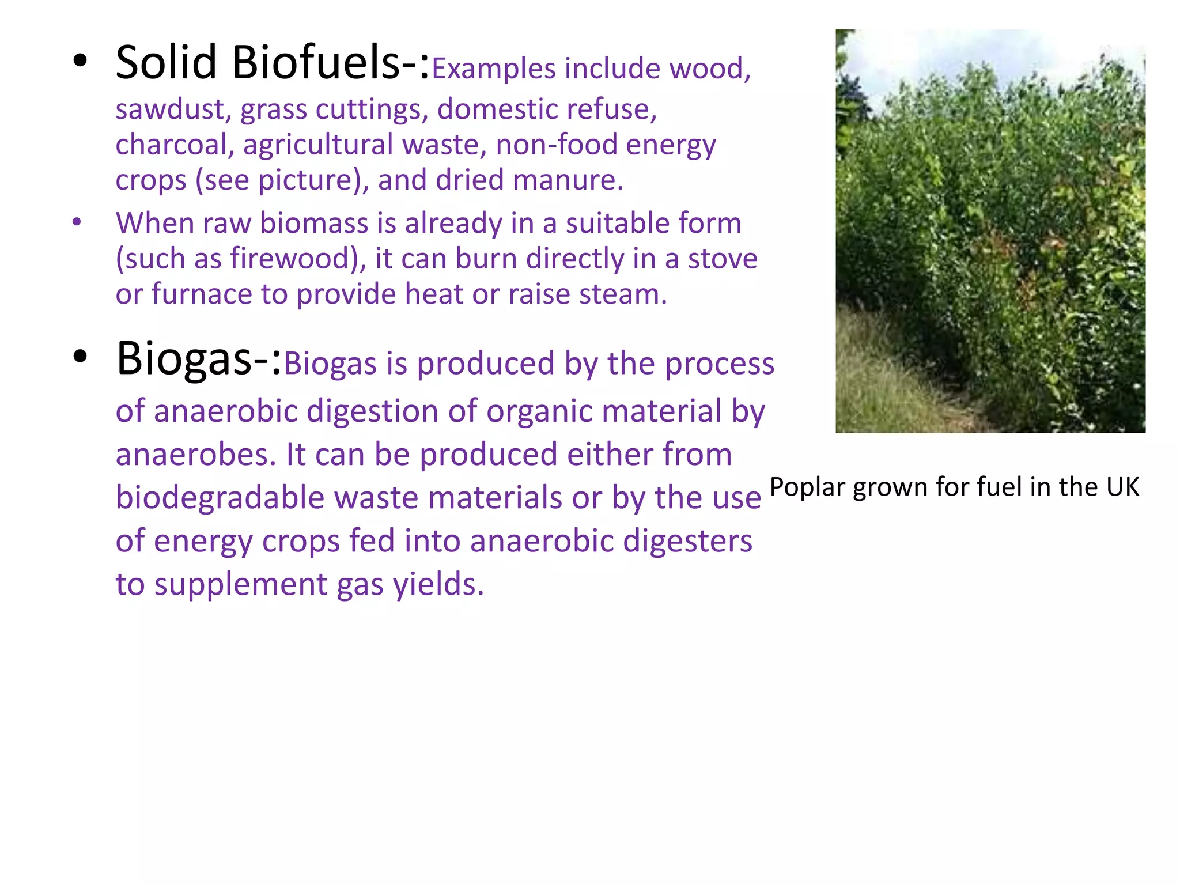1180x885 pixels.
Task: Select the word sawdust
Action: coord(173,109)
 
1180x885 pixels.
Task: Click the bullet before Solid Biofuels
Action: coord(80,60)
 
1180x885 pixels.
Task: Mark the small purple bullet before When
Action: coord(77,222)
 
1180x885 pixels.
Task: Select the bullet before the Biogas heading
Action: coord(80,356)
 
